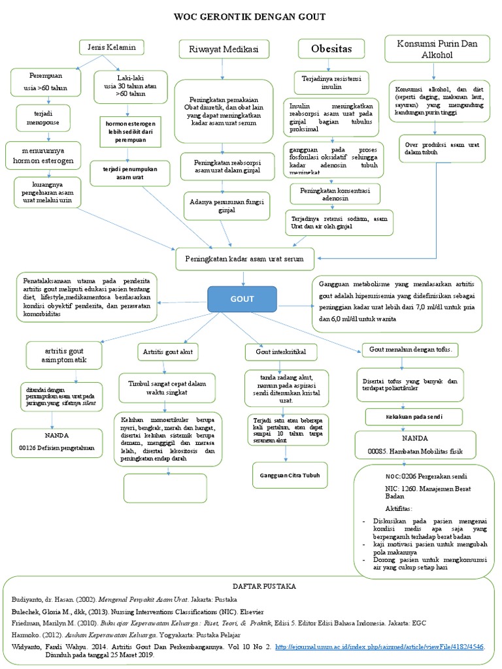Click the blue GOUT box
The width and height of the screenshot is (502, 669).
(243, 299)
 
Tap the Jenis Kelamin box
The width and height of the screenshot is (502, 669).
(111, 47)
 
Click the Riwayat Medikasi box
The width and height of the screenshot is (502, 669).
(224, 50)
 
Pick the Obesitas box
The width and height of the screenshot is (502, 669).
(331, 49)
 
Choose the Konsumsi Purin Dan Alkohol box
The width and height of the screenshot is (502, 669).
(438, 48)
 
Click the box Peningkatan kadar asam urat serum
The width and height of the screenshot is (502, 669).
(244, 259)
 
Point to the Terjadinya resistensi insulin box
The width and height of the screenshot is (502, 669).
(331, 82)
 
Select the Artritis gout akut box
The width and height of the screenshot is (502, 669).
(168, 352)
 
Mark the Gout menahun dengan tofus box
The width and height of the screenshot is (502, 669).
(414, 350)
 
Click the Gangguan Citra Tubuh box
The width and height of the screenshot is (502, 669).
(290, 476)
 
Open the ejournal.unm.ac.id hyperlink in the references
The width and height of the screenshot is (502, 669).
(389, 647)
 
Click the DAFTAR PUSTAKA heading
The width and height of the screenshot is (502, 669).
(251, 586)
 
